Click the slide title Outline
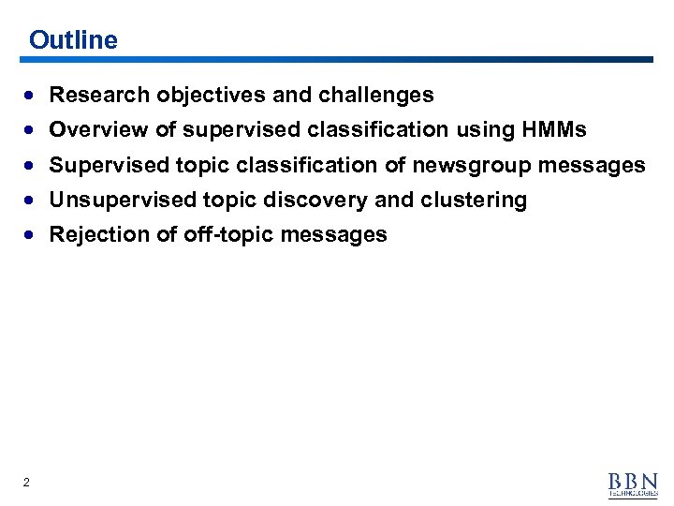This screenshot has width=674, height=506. click(x=73, y=40)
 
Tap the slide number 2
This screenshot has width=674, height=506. click(x=26, y=483)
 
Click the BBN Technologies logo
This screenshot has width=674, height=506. click(x=633, y=484)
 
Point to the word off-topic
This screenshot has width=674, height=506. click(x=214, y=234)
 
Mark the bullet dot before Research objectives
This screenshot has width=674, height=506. click(x=33, y=96)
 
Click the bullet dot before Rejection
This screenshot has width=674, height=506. click(x=33, y=235)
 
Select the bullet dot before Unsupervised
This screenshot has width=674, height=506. click(x=33, y=201)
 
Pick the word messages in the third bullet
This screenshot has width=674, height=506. click(x=594, y=165)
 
